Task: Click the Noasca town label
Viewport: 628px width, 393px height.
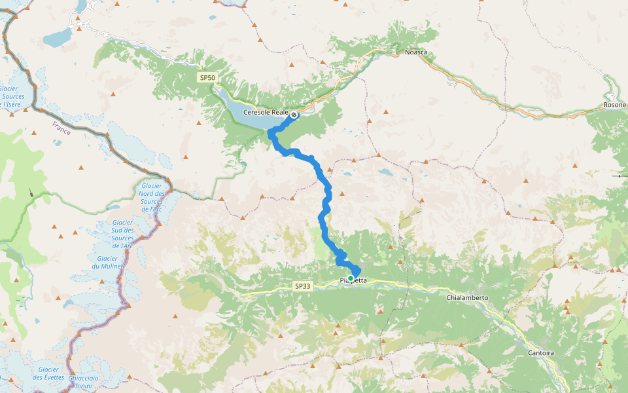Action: [417, 51]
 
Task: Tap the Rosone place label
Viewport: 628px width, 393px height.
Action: [614, 105]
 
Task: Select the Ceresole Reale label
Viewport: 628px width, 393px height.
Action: [265, 113]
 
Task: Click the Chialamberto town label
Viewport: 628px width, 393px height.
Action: [467, 298]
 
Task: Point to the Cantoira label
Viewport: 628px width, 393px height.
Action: [540, 353]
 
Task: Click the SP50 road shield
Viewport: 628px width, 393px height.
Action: [207, 77]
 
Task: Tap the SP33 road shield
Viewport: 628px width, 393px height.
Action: [302, 286]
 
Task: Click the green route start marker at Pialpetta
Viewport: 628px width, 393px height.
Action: [351, 278]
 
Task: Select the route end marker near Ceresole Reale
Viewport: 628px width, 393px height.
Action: [294, 115]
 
